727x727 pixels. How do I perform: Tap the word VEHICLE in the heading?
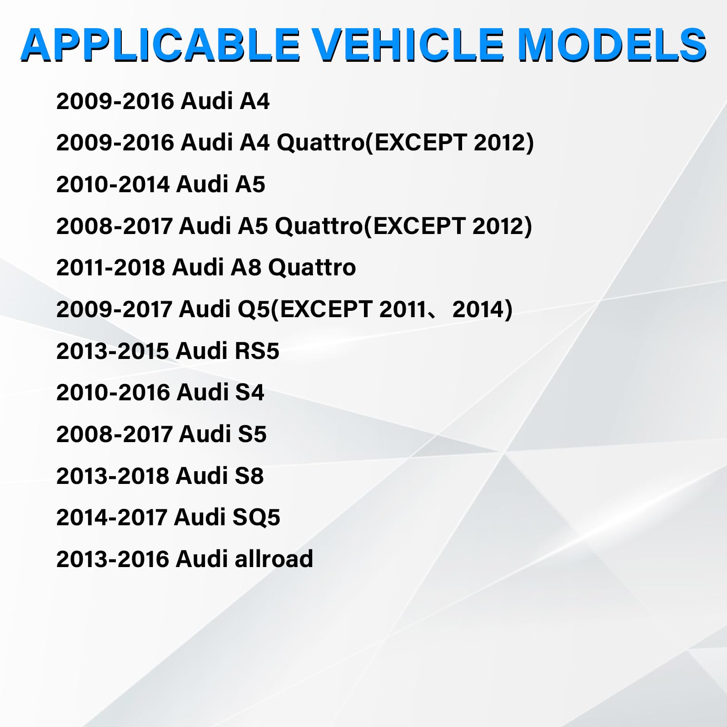[408, 45]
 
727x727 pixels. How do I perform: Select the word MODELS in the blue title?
[612, 45]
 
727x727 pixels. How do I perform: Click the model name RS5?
[257, 351]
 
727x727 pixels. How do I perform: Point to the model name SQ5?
[256, 517]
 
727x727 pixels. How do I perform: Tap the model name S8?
[249, 476]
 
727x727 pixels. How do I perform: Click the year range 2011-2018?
[110, 267]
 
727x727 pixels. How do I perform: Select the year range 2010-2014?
[113, 184]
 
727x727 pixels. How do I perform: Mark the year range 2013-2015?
[113, 351]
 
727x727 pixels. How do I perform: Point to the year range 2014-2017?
[112, 517]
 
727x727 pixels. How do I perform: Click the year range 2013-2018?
[113, 476]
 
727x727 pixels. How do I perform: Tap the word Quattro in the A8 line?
[312, 267]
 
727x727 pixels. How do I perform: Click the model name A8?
[246, 267]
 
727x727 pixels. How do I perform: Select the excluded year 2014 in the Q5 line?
[478, 309]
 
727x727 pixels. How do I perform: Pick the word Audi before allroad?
[202, 558]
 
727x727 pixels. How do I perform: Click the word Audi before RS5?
[202, 351]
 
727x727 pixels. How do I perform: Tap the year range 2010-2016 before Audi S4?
[113, 392]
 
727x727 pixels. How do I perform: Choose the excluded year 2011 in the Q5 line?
[402, 309]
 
